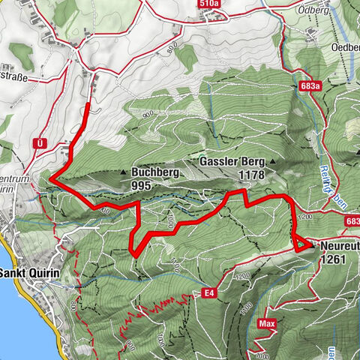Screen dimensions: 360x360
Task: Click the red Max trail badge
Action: point(264,324)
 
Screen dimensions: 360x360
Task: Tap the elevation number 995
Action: point(141,184)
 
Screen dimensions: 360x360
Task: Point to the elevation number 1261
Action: point(331,259)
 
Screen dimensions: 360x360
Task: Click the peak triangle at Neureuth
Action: point(308,245)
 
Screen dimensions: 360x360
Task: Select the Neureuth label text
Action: point(338,245)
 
